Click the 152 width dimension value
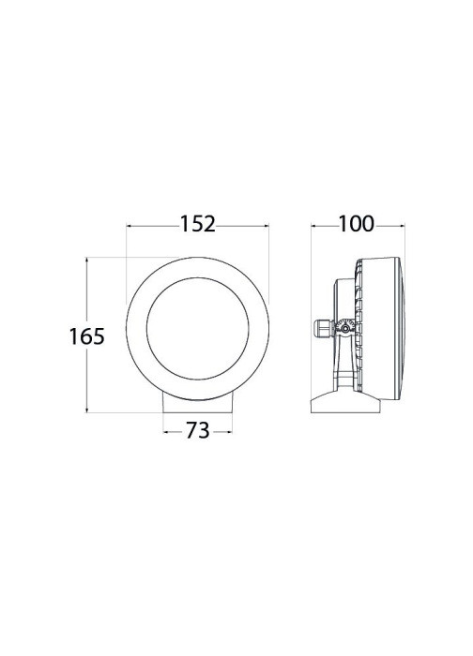tap(197, 224)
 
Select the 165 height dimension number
tap(86, 336)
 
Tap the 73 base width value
tap(197, 430)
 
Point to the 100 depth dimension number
tap(356, 224)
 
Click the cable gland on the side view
tap(324, 328)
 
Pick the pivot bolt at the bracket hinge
tap(344, 328)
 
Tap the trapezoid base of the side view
tap(345, 403)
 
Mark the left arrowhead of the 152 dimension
tap(130, 227)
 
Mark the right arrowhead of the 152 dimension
tap(266, 227)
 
